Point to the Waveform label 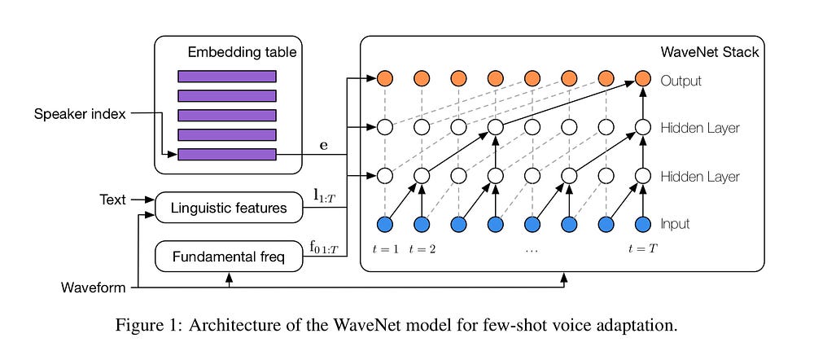(x=94, y=288)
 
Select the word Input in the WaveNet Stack (x=676, y=223)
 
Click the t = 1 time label (x=384, y=248)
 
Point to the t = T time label (x=642, y=248)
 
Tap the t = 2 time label (x=423, y=248)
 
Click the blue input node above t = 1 (x=385, y=223)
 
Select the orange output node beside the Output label (x=643, y=80)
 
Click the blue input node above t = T (x=643, y=223)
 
